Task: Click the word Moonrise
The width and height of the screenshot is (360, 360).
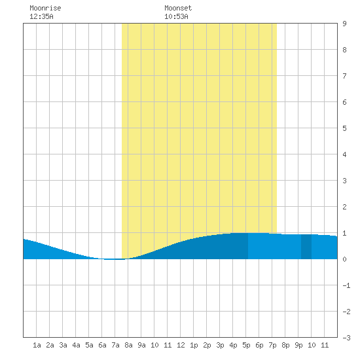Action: click(45, 8)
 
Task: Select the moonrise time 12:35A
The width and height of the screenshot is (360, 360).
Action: click(41, 16)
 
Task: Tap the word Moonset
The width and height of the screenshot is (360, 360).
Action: click(178, 8)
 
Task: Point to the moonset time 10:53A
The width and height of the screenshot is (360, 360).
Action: click(176, 16)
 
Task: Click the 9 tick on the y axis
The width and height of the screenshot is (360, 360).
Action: click(344, 24)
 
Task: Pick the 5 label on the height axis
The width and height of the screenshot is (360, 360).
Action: click(344, 128)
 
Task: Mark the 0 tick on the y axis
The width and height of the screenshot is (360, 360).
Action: click(344, 259)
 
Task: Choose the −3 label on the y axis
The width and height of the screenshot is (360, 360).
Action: click(346, 338)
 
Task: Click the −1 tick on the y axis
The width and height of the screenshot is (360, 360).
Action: click(346, 285)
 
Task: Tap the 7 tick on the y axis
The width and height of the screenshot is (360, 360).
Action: click(344, 76)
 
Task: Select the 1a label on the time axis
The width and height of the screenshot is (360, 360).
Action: click(37, 345)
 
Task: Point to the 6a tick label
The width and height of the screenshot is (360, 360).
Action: click(102, 345)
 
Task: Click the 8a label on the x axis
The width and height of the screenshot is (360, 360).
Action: click(128, 345)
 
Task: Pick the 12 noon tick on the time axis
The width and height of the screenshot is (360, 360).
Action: click(181, 345)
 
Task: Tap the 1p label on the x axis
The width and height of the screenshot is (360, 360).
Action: click(194, 345)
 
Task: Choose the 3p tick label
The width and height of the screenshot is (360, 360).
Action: click(220, 345)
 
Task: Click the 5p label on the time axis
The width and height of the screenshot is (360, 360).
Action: click(246, 345)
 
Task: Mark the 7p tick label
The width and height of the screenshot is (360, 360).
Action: click(272, 345)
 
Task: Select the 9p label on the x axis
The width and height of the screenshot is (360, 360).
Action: click(298, 345)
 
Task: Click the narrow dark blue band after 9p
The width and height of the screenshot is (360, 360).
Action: click(306, 247)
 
